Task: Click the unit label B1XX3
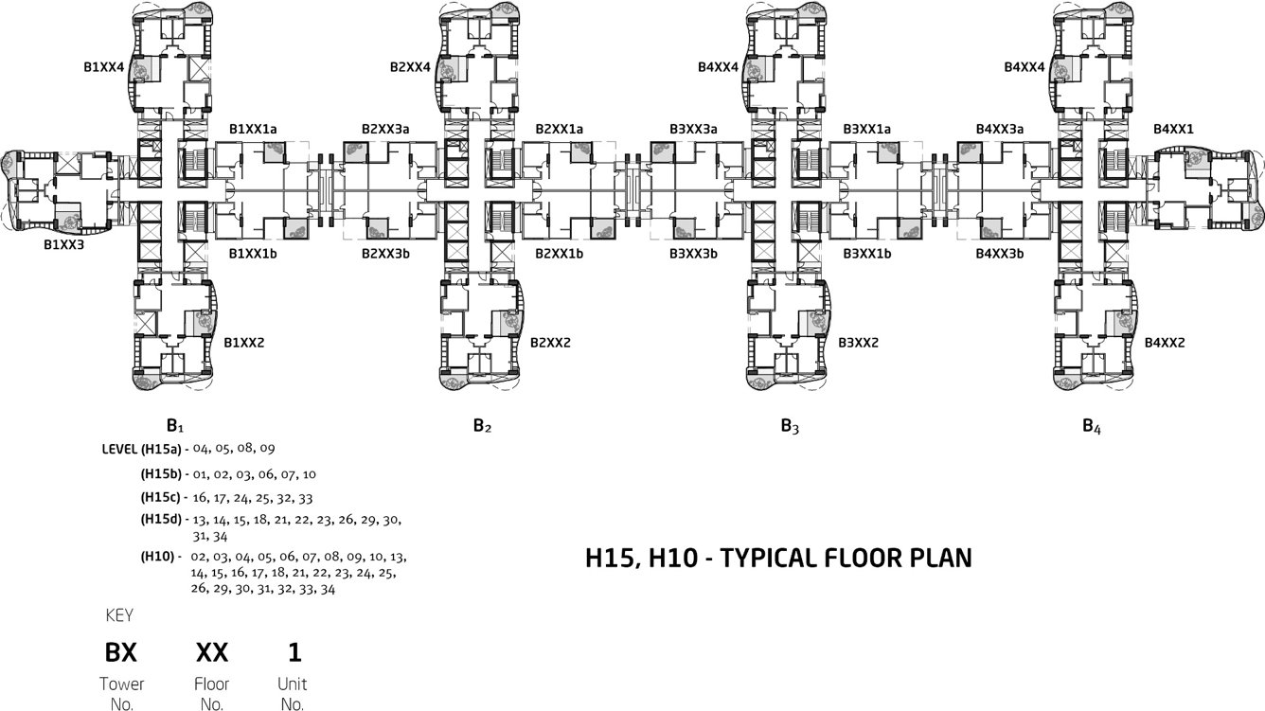(64, 244)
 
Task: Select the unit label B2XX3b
(385, 254)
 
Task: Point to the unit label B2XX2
(550, 342)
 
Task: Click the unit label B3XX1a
(866, 129)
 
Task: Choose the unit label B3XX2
(858, 342)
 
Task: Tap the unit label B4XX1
(1173, 129)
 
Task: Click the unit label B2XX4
(410, 67)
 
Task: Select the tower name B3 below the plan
(790, 427)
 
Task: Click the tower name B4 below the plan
(1092, 427)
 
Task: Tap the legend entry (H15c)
(161, 496)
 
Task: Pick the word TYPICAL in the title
(782, 559)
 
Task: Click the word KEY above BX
(118, 615)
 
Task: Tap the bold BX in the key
(120, 652)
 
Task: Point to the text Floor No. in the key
(212, 694)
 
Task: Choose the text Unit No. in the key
(292, 694)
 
